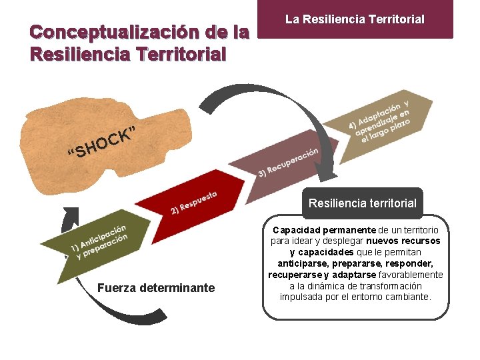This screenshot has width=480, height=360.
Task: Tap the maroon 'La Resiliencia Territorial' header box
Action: [x=355, y=19]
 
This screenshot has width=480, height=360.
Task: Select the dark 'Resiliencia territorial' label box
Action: [x=362, y=203]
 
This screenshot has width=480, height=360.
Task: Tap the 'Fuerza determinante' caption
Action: [x=156, y=288]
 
